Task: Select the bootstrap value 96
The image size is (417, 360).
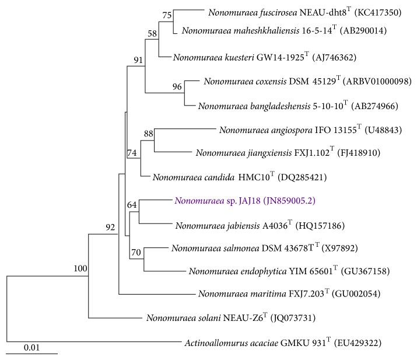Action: pyautogui.click(x=177, y=87)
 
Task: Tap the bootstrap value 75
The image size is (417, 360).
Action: pyautogui.click(x=167, y=15)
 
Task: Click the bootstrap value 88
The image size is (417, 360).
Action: pyautogui.click(x=148, y=134)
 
